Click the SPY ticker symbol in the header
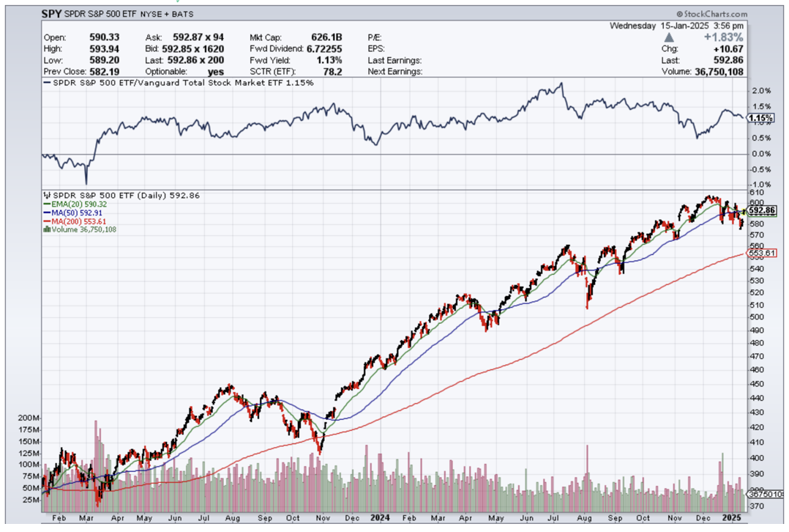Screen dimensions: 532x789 pyautogui.click(x=52, y=12)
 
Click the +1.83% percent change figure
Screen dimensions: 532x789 pyautogui.click(x=725, y=37)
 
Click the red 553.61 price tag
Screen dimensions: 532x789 pyautogui.click(x=761, y=254)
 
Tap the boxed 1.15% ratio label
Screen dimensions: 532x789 pyautogui.click(x=762, y=118)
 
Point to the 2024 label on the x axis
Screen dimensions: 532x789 pyautogui.click(x=380, y=519)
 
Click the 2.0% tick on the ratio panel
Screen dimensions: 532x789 pyautogui.click(x=762, y=92)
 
